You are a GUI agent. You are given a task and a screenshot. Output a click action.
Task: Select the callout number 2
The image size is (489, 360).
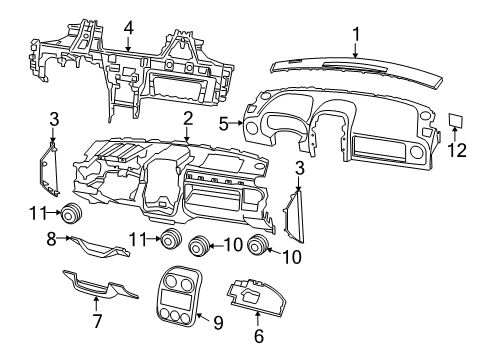(187, 119)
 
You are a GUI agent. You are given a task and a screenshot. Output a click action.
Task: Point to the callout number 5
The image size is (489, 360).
(225, 125)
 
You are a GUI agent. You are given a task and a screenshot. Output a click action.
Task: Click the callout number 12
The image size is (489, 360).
(457, 150)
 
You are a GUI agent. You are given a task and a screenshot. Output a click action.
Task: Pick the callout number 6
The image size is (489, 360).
(258, 337)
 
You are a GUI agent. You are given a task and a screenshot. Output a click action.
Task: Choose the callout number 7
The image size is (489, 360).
(97, 321)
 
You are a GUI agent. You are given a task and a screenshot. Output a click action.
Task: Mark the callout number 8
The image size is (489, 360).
(51, 239)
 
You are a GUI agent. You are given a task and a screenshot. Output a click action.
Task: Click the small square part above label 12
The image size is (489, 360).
(454, 122)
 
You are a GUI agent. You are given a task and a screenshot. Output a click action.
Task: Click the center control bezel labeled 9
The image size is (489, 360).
(174, 294)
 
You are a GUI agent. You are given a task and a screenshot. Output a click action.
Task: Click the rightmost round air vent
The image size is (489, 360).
(260, 248)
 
